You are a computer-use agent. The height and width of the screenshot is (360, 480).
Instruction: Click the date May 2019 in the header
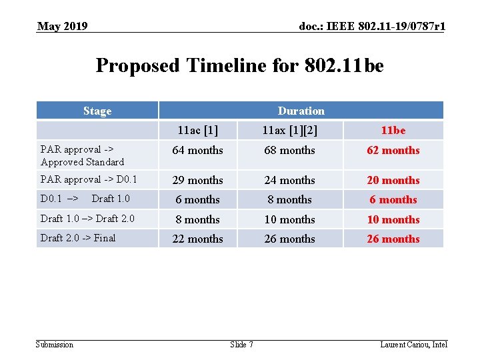pos(63,27)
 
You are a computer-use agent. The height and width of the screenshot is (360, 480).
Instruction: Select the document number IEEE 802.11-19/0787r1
pos(372,27)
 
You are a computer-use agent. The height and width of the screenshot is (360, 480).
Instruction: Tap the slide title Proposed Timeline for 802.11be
pos(240,65)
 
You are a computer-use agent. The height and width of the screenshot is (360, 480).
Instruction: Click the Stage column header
pos(97,111)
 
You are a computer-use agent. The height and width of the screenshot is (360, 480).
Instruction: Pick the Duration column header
pos(301,111)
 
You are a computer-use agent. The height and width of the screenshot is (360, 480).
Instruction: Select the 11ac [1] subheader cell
pos(197,130)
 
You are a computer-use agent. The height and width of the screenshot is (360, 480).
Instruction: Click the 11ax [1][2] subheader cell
pos(289,130)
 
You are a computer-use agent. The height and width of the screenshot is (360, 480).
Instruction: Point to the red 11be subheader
pos(393,130)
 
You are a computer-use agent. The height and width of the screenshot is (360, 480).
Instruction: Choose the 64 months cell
pos(197,151)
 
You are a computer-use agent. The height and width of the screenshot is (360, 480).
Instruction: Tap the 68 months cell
pos(289,151)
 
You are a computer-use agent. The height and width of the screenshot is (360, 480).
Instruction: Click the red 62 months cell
pos(393,151)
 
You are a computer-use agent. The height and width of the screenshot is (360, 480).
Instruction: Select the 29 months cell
pos(197,180)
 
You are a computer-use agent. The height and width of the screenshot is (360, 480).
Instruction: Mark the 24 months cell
pos(289,180)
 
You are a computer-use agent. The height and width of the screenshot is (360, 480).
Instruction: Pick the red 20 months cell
pos(393,180)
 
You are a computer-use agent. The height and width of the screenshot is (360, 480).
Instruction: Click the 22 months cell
pos(197,239)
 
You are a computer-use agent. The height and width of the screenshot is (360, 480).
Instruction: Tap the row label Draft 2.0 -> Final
pos(78,238)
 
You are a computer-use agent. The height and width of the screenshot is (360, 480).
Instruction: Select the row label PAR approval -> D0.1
pos(89,179)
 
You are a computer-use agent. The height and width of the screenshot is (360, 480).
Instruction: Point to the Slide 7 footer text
pos(241,345)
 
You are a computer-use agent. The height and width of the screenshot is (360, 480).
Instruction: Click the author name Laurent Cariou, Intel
pos(413,345)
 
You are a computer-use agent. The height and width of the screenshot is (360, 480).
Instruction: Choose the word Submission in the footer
pos(55,345)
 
